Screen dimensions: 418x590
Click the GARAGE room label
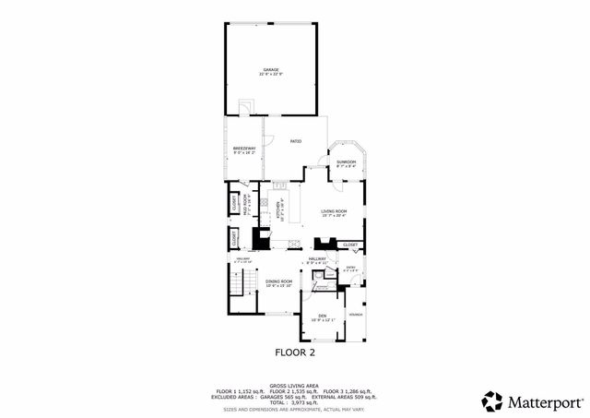pos(271,69)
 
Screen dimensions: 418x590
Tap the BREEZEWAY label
pos(244,148)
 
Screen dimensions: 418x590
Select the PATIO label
pos(296,141)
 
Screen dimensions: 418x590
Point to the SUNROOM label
pos(346,161)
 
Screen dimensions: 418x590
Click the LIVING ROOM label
pos(334,212)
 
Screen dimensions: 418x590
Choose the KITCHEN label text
pos(278,211)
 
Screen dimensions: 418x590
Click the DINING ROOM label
pos(278,281)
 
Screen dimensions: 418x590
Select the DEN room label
pos(323,316)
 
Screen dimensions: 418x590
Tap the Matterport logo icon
pos(493,401)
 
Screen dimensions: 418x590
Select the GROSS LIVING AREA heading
pos(294,386)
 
